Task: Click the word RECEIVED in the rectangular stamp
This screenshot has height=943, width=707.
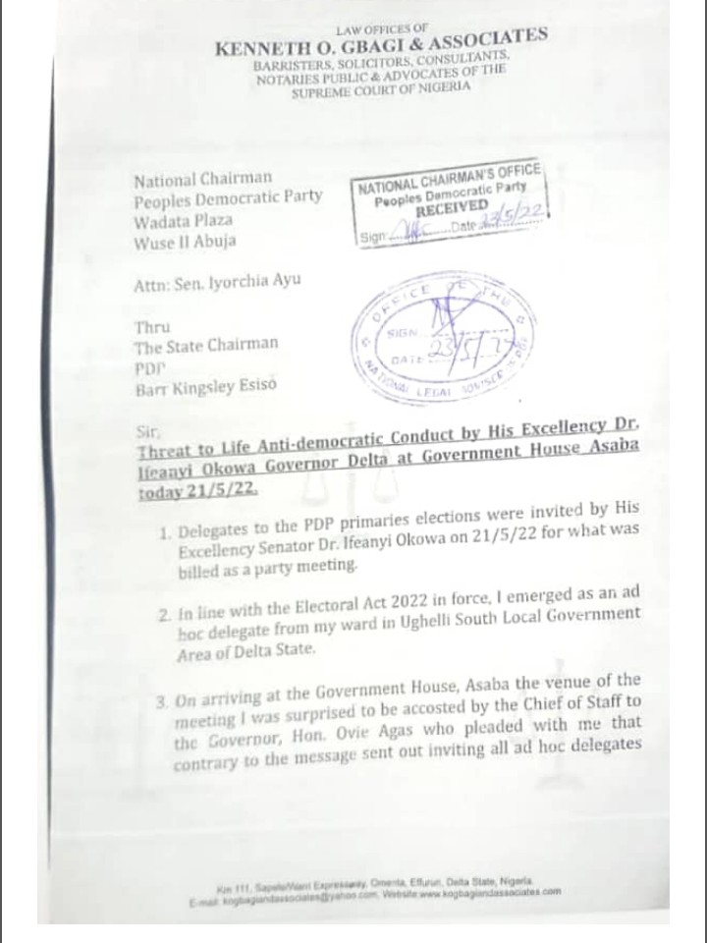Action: point(451,209)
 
